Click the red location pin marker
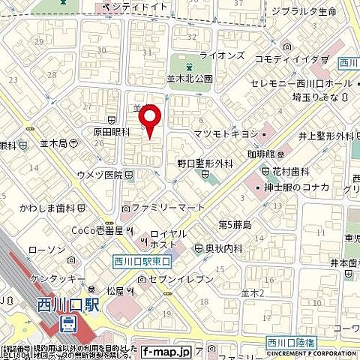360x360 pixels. pyautogui.click(x=150, y=120)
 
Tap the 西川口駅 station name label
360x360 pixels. pyautogui.click(x=67, y=307)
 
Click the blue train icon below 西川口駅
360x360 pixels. pyautogui.click(x=67, y=325)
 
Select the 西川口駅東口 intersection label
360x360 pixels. pyautogui.click(x=142, y=260)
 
